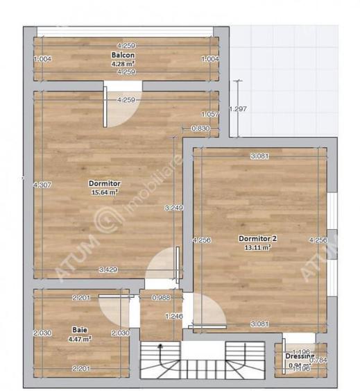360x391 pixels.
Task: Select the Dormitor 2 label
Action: [257, 239]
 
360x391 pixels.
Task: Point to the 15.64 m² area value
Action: [103, 192]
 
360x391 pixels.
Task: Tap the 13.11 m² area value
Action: [257, 247]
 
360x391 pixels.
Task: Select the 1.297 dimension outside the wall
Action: [238, 108]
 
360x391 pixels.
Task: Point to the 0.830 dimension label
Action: [200, 128]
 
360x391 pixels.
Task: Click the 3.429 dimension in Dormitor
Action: [108, 269]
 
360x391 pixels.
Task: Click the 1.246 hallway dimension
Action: [173, 316]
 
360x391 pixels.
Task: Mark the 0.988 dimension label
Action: [161, 299]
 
